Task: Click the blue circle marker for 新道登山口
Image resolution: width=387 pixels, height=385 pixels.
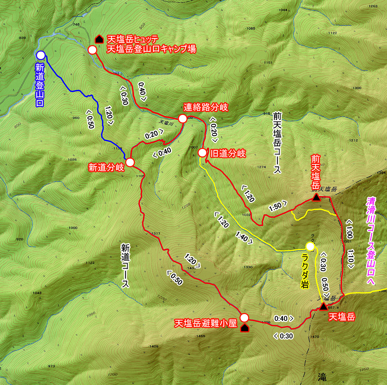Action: tap(40, 55)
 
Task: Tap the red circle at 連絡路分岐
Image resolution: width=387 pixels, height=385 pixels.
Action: tap(182, 119)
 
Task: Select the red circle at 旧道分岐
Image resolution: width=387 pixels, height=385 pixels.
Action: tap(202, 153)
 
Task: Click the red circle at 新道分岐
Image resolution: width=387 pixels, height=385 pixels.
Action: tap(130, 162)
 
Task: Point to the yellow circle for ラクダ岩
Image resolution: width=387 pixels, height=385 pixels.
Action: tap(310, 246)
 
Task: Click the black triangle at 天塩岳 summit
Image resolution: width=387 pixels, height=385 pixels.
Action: tap(323, 307)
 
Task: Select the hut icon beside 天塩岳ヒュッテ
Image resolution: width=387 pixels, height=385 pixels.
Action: tap(99, 39)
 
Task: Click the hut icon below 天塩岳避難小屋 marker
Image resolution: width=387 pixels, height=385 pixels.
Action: tap(245, 328)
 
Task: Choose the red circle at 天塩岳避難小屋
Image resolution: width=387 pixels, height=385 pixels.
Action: tap(244, 318)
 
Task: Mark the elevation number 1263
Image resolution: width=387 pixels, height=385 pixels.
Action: tap(373, 6)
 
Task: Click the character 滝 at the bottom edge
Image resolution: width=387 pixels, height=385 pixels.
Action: tap(322, 377)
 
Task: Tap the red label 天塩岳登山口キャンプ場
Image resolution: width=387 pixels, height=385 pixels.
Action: tap(151, 49)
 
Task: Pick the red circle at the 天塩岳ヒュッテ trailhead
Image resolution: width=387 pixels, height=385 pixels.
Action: tap(92, 50)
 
